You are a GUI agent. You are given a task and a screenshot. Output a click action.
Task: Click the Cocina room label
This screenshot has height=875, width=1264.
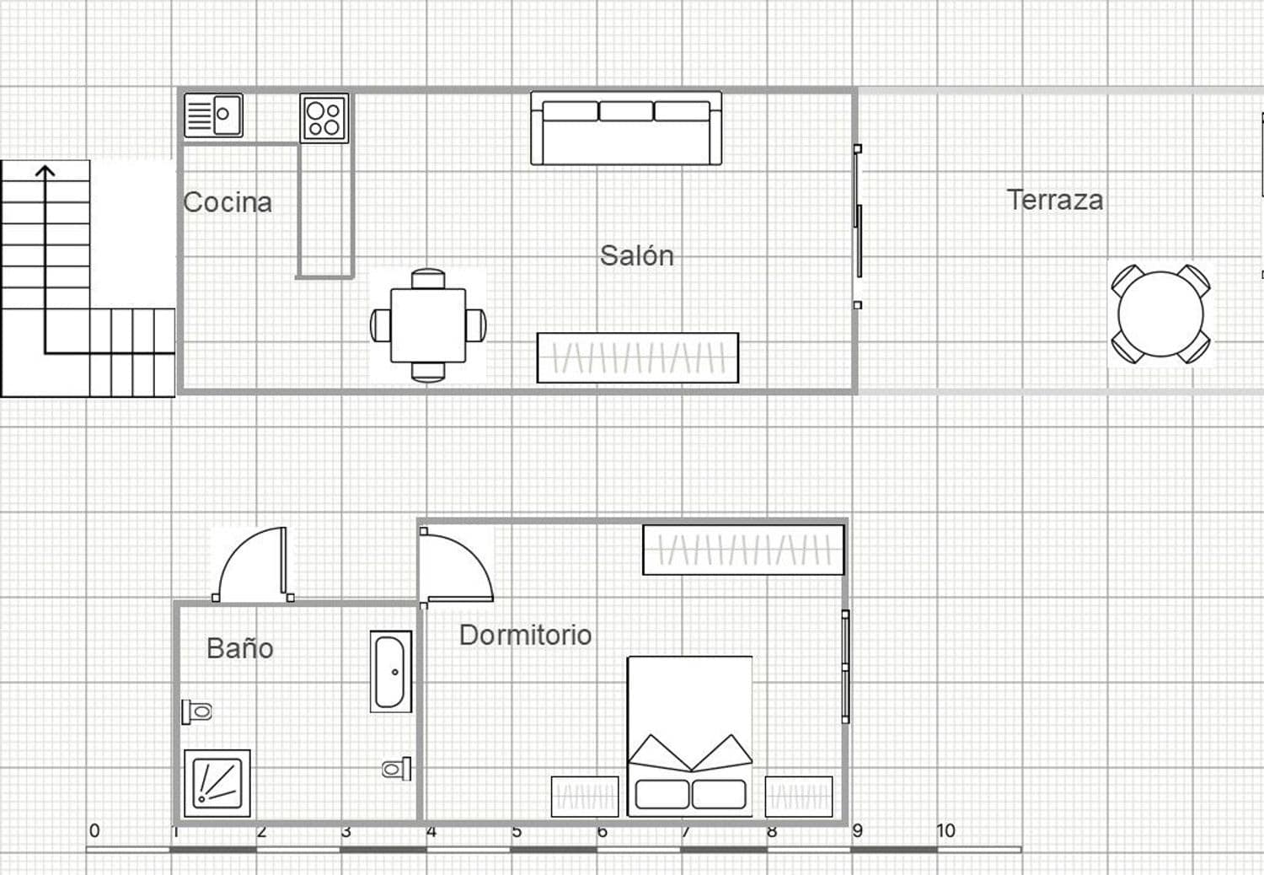tap(228, 202)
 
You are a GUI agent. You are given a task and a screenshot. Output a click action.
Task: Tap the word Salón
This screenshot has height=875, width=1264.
tap(636, 255)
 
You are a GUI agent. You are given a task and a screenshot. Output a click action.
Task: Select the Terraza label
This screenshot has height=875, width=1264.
tap(1054, 200)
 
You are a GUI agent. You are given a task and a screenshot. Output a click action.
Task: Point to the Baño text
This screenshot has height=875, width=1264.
tap(239, 648)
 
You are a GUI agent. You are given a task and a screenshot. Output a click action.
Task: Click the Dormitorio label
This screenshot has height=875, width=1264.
tap(525, 635)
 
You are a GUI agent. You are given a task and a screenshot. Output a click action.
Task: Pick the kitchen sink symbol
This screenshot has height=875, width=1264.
tap(214, 115)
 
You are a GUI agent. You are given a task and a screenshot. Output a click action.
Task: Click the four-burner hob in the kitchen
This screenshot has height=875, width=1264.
tap(324, 118)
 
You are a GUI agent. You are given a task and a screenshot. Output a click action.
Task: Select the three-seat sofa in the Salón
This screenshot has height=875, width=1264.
tap(626, 128)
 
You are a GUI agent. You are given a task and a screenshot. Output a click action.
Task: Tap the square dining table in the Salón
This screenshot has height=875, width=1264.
tap(428, 325)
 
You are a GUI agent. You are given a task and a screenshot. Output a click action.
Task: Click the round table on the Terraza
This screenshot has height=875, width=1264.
tap(1160, 314)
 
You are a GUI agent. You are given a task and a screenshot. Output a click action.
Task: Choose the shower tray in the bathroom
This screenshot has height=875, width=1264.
tap(217, 783)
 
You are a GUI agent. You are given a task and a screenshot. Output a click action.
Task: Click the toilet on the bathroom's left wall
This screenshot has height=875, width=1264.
tap(197, 712)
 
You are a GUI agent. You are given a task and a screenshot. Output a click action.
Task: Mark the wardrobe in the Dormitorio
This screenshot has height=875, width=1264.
tap(743, 550)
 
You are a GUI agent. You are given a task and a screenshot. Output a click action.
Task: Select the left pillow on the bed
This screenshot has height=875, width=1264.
tap(661, 794)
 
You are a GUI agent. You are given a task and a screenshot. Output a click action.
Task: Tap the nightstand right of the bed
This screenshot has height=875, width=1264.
tap(798, 797)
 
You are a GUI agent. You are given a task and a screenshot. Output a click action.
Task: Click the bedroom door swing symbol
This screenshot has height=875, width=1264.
tap(455, 567)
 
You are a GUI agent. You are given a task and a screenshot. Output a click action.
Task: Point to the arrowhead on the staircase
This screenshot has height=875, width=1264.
tap(45, 171)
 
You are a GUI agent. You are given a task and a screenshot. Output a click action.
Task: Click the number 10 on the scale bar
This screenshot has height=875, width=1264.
tap(945, 830)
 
